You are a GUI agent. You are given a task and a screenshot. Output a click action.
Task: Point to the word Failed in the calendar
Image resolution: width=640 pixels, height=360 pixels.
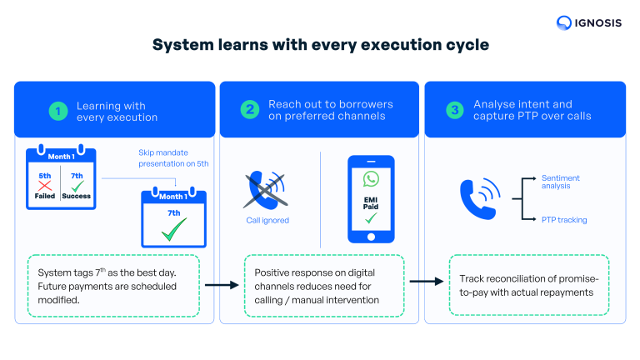[x=45, y=196]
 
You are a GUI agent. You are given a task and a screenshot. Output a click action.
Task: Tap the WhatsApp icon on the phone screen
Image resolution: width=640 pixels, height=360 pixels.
[x=370, y=178]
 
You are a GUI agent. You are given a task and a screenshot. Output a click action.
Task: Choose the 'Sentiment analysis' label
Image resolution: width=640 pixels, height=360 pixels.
[x=560, y=182]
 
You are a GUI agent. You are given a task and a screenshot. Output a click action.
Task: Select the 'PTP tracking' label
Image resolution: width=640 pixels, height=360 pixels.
[x=564, y=220]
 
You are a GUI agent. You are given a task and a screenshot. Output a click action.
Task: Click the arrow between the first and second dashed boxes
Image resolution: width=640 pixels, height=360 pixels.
[x=220, y=285]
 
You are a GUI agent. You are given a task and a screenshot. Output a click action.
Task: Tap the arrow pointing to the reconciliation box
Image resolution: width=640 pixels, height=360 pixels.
[x=427, y=281]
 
